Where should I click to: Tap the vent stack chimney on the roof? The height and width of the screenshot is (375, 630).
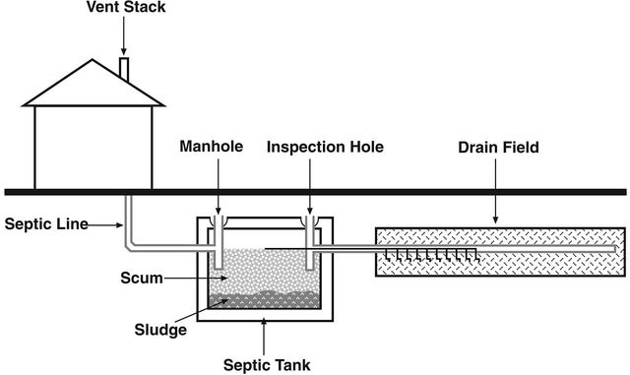(123, 69)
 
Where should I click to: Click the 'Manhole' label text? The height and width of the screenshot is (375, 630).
(212, 148)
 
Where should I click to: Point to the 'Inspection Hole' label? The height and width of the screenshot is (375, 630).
(324, 148)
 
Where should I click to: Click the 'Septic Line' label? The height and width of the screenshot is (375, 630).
(42, 224)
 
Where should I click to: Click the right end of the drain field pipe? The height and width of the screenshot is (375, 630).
(616, 250)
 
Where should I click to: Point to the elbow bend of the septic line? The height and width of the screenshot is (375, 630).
(131, 247)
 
